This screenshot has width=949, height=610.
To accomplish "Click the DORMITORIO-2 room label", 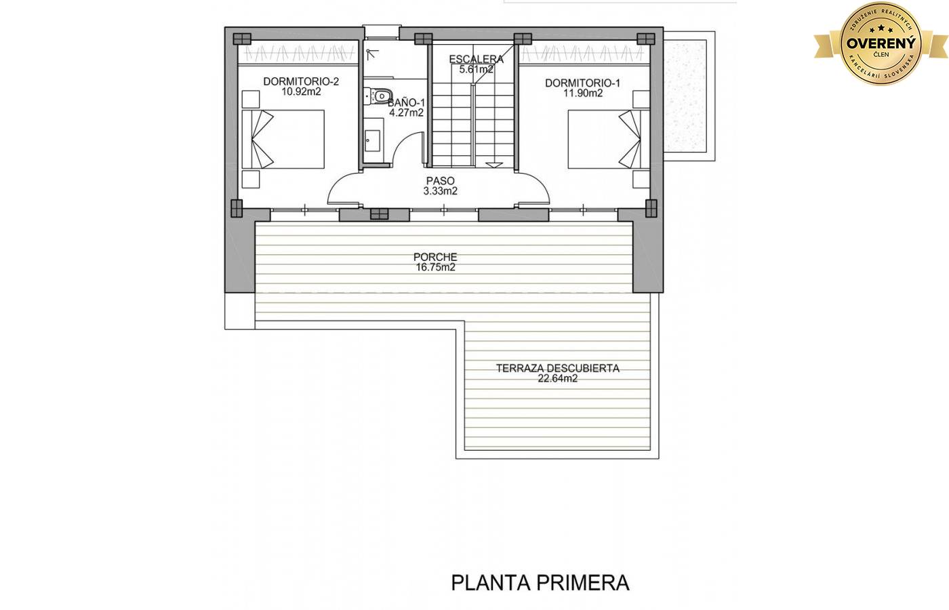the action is (301, 81).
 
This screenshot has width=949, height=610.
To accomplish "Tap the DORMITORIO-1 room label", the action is (582, 83).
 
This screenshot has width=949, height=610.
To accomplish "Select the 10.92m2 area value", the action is (301, 91).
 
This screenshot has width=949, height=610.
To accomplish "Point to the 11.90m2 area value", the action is (582, 94).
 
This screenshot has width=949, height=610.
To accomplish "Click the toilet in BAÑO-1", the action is (378, 96).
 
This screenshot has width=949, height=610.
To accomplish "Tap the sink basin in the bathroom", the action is (372, 141).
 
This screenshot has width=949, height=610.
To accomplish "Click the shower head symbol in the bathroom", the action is (371, 54).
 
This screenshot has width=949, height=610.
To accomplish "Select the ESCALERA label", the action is (476, 60).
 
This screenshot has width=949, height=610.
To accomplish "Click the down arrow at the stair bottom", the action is (494, 165).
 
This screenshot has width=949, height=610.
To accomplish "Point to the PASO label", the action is (440, 181).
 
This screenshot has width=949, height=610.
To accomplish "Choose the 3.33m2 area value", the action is (440, 191).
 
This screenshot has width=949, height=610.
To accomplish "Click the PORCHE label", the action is (435, 257).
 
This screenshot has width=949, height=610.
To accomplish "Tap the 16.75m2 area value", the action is (435, 267).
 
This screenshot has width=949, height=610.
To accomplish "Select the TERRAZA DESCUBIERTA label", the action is (557, 369).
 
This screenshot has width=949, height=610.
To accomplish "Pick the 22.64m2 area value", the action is (557, 379).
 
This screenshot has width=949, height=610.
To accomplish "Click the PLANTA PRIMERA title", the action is (540, 584).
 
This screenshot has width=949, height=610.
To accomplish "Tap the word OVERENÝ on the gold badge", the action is (881, 43).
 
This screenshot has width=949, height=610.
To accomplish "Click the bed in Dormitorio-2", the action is (283, 140).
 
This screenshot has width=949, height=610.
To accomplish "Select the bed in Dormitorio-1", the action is (609, 140).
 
